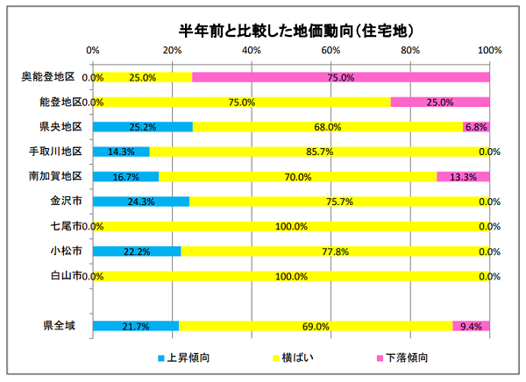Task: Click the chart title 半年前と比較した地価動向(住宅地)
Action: coord(291,30)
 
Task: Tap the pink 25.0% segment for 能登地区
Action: coord(439,102)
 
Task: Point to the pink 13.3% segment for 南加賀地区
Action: coord(463,176)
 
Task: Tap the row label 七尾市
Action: coord(67,226)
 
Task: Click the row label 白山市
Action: coord(67,276)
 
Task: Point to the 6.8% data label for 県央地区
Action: coord(476,127)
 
